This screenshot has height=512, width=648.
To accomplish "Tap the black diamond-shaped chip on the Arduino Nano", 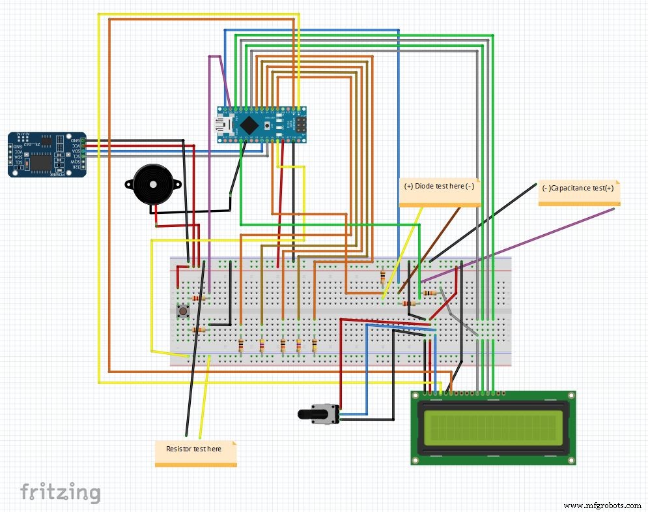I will pos(248,123).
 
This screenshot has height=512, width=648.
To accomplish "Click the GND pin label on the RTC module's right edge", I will pos(76,140).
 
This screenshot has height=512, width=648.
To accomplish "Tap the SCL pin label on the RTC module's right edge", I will pos(76,156).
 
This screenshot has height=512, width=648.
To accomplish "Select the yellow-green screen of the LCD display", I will pos(494,428).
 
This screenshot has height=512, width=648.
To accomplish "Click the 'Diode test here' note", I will pos(440,189).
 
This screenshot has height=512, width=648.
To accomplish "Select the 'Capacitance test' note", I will pos(578,190).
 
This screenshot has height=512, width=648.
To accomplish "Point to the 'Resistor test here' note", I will pos(195,451).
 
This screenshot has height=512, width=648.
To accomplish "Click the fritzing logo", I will pos(60,491).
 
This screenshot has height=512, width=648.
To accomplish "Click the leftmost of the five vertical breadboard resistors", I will pos(241,346).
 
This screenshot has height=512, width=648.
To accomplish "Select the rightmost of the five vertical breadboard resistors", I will pos(315,346).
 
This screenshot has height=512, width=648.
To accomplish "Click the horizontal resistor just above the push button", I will pos(199,299).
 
